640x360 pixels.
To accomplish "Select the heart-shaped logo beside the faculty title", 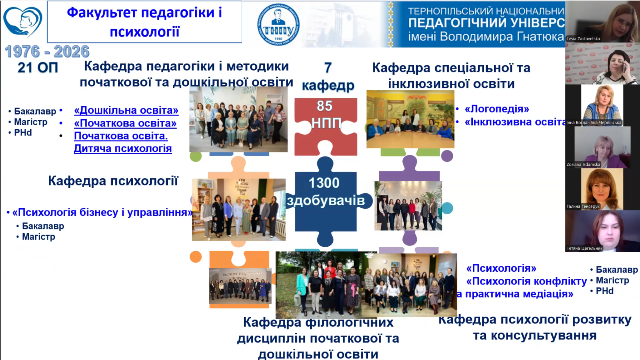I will (21, 22).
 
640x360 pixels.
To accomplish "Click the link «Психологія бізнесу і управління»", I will (101, 212).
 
